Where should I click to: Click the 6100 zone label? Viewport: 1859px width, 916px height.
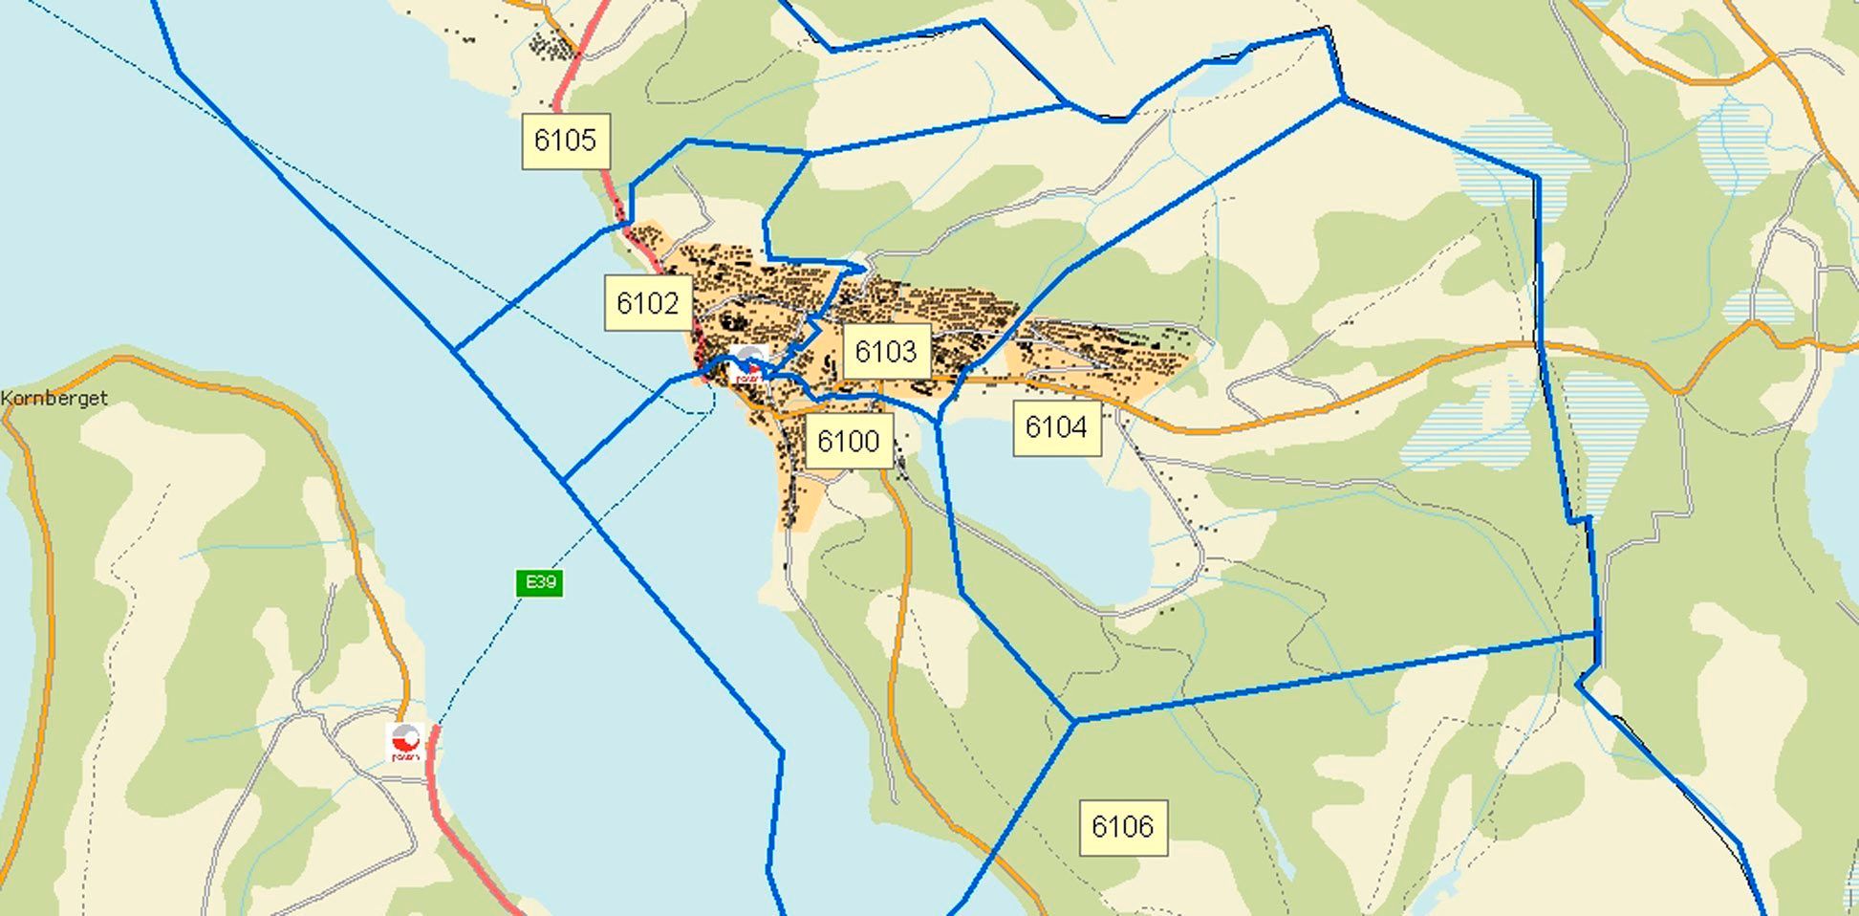click(849, 441)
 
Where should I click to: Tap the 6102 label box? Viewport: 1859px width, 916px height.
click(648, 303)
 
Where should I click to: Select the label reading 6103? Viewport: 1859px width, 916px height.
click(886, 351)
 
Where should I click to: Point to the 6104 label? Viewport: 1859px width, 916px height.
click(1056, 426)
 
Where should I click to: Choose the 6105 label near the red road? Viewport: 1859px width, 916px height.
click(566, 141)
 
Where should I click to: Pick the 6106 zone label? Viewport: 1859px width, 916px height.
click(1123, 826)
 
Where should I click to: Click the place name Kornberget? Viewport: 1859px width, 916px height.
click(54, 399)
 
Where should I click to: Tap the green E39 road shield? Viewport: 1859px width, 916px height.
click(539, 582)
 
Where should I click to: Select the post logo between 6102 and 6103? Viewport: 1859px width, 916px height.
click(750, 365)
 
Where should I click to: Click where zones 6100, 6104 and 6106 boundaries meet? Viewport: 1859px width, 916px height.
click(1074, 720)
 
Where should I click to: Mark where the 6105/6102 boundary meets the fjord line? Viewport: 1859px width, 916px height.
click(456, 349)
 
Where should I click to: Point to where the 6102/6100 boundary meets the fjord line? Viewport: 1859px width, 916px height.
click(565, 479)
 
